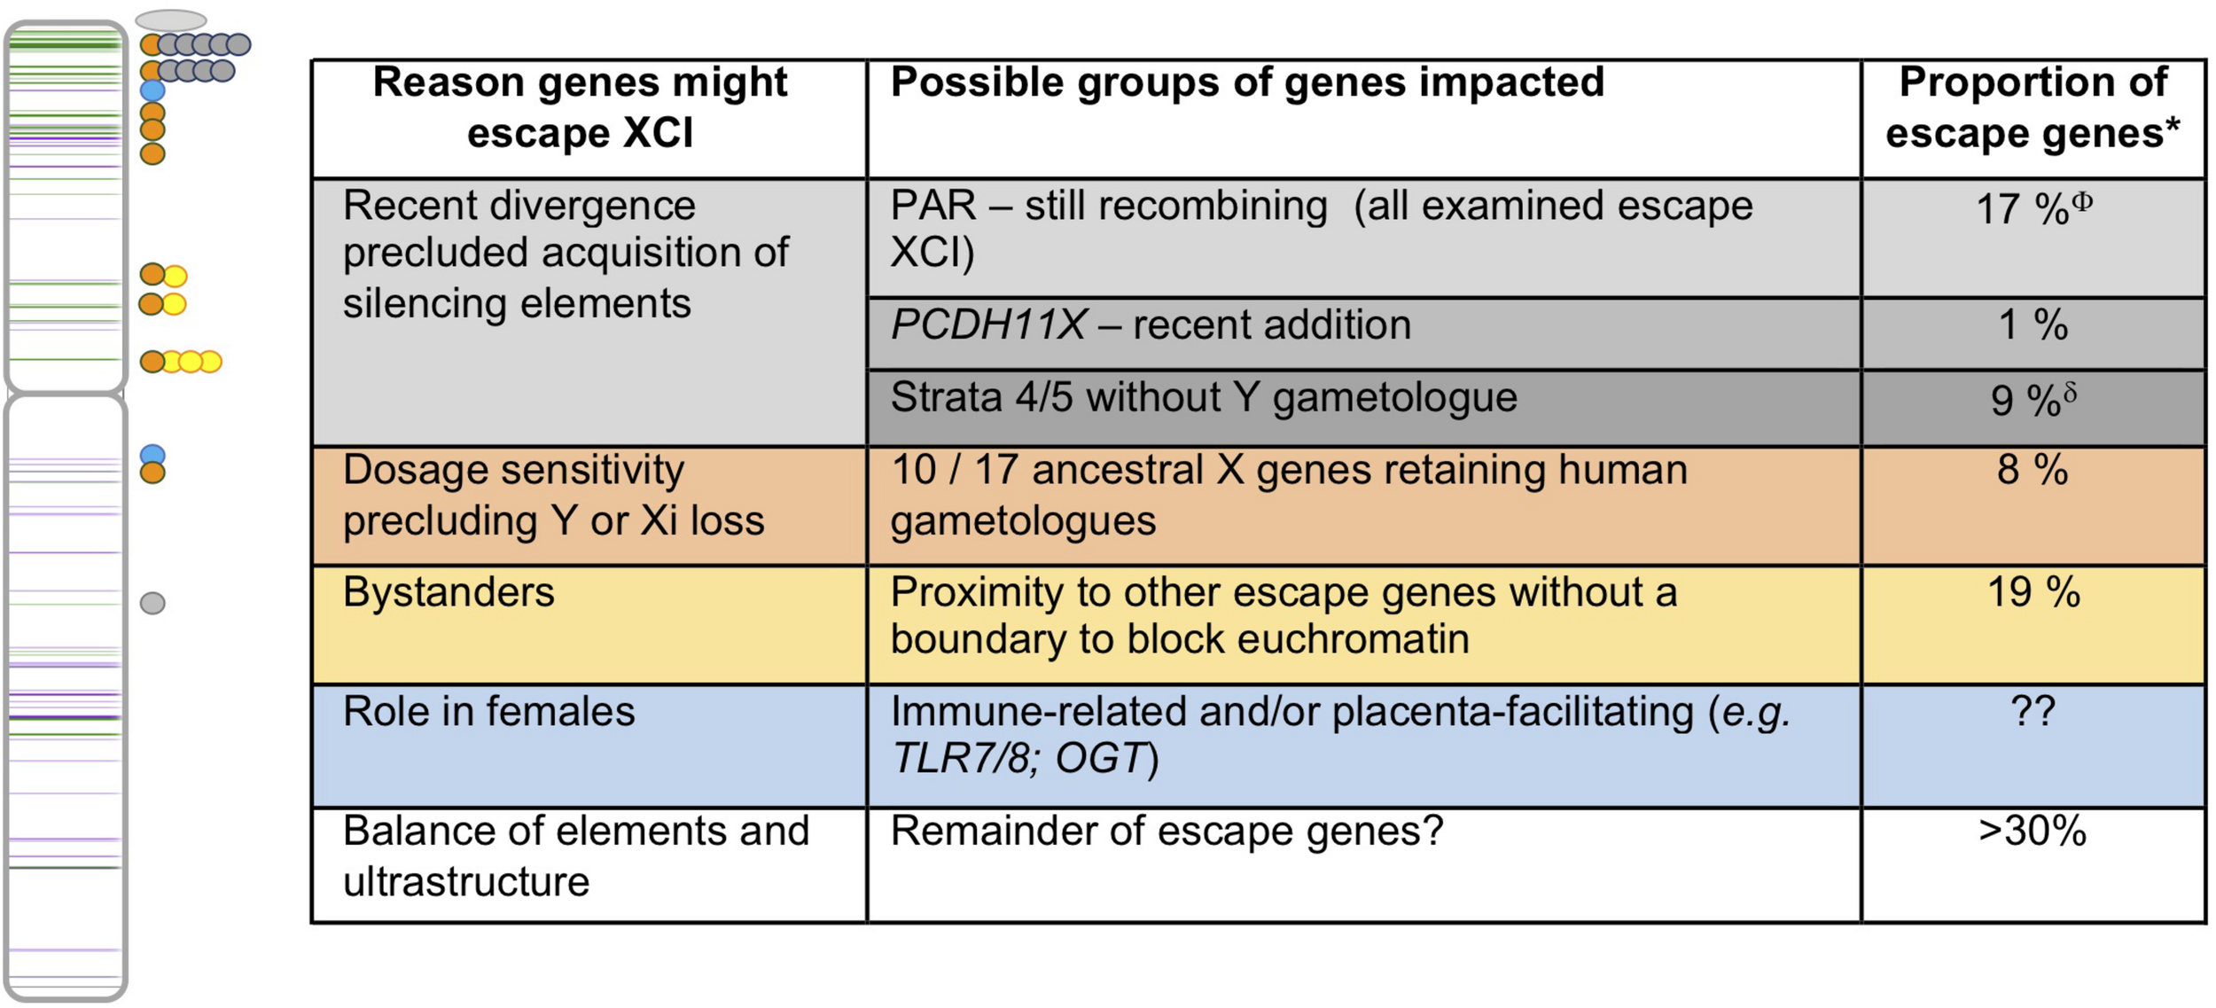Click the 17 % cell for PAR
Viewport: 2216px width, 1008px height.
(2032, 209)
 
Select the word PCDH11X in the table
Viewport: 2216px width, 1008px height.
(987, 325)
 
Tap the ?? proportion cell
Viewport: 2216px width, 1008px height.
(2032, 711)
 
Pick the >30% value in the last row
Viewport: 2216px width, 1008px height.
(2032, 832)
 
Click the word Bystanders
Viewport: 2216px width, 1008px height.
(449, 592)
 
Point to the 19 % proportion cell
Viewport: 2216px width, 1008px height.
(2032, 592)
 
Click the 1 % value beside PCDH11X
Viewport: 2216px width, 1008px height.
(2032, 325)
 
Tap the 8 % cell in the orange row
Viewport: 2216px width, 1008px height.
(2032, 470)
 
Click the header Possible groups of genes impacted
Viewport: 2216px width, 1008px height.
(1246, 82)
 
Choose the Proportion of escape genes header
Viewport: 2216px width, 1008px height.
(2032, 108)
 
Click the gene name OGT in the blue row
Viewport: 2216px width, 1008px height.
(1102, 759)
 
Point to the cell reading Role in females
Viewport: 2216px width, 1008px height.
(488, 712)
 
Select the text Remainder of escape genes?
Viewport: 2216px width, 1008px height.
(1167, 832)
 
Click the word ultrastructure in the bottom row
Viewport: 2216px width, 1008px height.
(466, 882)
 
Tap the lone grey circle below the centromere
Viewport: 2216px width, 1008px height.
(152, 603)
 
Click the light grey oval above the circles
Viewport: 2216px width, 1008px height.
(171, 20)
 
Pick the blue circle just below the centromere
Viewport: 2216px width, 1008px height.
(152, 455)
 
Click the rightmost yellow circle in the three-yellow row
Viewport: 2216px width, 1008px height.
(210, 362)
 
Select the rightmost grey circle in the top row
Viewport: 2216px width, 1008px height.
(238, 44)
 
